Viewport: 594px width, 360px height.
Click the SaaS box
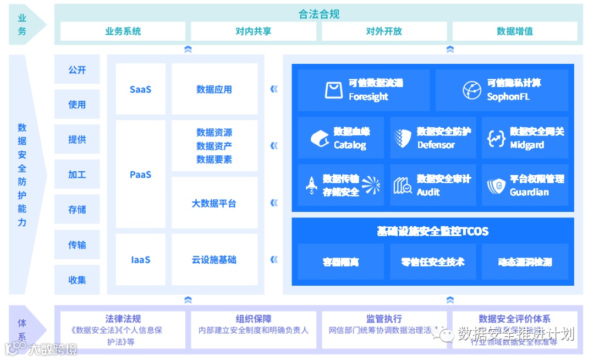click(x=140, y=89)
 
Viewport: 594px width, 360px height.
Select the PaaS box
click(x=140, y=174)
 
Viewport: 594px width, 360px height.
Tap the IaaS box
click(x=140, y=259)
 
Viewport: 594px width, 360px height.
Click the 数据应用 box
click(x=214, y=89)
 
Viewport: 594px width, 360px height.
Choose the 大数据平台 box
click(x=214, y=203)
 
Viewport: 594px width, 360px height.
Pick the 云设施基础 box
click(x=214, y=259)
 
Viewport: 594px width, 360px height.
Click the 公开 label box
click(x=77, y=70)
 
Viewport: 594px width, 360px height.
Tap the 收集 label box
click(x=77, y=280)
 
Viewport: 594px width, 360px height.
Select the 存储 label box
click(x=77, y=209)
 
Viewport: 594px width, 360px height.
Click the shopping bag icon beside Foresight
click(x=334, y=90)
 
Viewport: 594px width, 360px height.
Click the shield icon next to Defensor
click(x=403, y=138)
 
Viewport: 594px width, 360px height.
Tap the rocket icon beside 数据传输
click(x=311, y=186)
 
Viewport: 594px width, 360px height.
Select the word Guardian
click(x=529, y=192)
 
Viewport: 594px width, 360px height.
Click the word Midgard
click(x=527, y=145)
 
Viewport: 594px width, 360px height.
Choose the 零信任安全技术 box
click(x=433, y=262)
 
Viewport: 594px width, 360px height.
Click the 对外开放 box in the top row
click(x=384, y=31)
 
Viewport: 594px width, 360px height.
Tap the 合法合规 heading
click(x=319, y=14)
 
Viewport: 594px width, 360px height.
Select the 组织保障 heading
click(x=254, y=319)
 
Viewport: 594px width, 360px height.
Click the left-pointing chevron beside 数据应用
click(x=274, y=89)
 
